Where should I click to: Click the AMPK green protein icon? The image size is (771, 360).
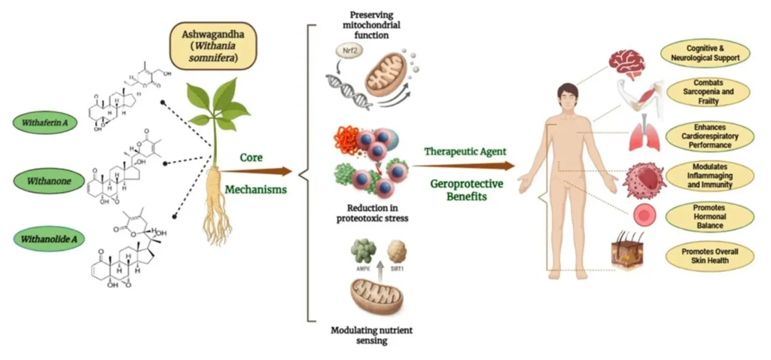(363, 251)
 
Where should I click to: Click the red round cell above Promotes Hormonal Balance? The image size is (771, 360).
(641, 215)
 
